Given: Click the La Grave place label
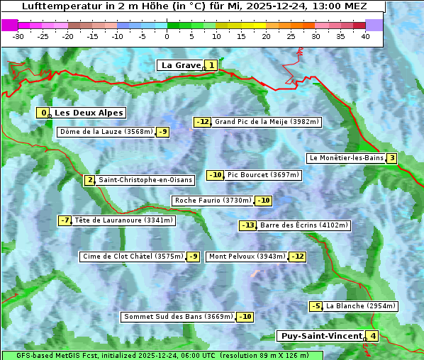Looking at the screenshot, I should coord(181,65).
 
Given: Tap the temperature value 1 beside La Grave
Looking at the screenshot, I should coord(211,65).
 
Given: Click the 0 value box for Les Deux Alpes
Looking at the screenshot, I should coord(44,113).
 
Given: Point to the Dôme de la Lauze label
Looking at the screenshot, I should coord(106,132).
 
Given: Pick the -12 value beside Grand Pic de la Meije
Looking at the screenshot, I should coord(203,122).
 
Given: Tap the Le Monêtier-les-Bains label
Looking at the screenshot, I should coord(345,158).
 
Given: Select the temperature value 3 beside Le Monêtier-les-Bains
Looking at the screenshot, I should coord(391,158).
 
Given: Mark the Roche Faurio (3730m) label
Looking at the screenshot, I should coord(213,201).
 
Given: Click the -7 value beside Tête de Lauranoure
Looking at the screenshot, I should coord(65,220).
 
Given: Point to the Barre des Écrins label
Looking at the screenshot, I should coord(304,225).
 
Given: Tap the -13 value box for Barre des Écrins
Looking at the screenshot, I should coord(247,225).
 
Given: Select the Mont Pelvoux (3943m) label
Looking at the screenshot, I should coord(247,257).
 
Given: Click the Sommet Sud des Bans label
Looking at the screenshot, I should coord(178,317).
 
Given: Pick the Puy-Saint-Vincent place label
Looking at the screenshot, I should coord(320,336).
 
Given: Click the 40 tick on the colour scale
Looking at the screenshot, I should coord(365,35).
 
